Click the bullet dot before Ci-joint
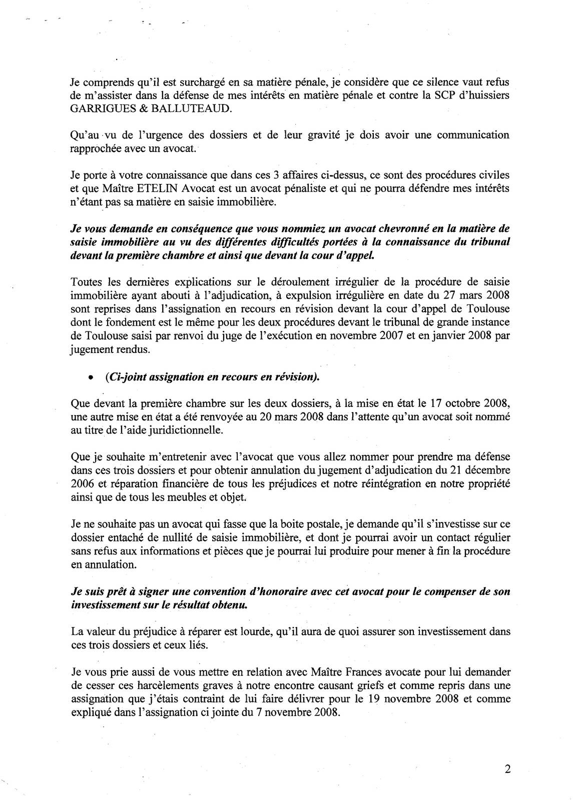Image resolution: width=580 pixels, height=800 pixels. click(90, 378)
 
